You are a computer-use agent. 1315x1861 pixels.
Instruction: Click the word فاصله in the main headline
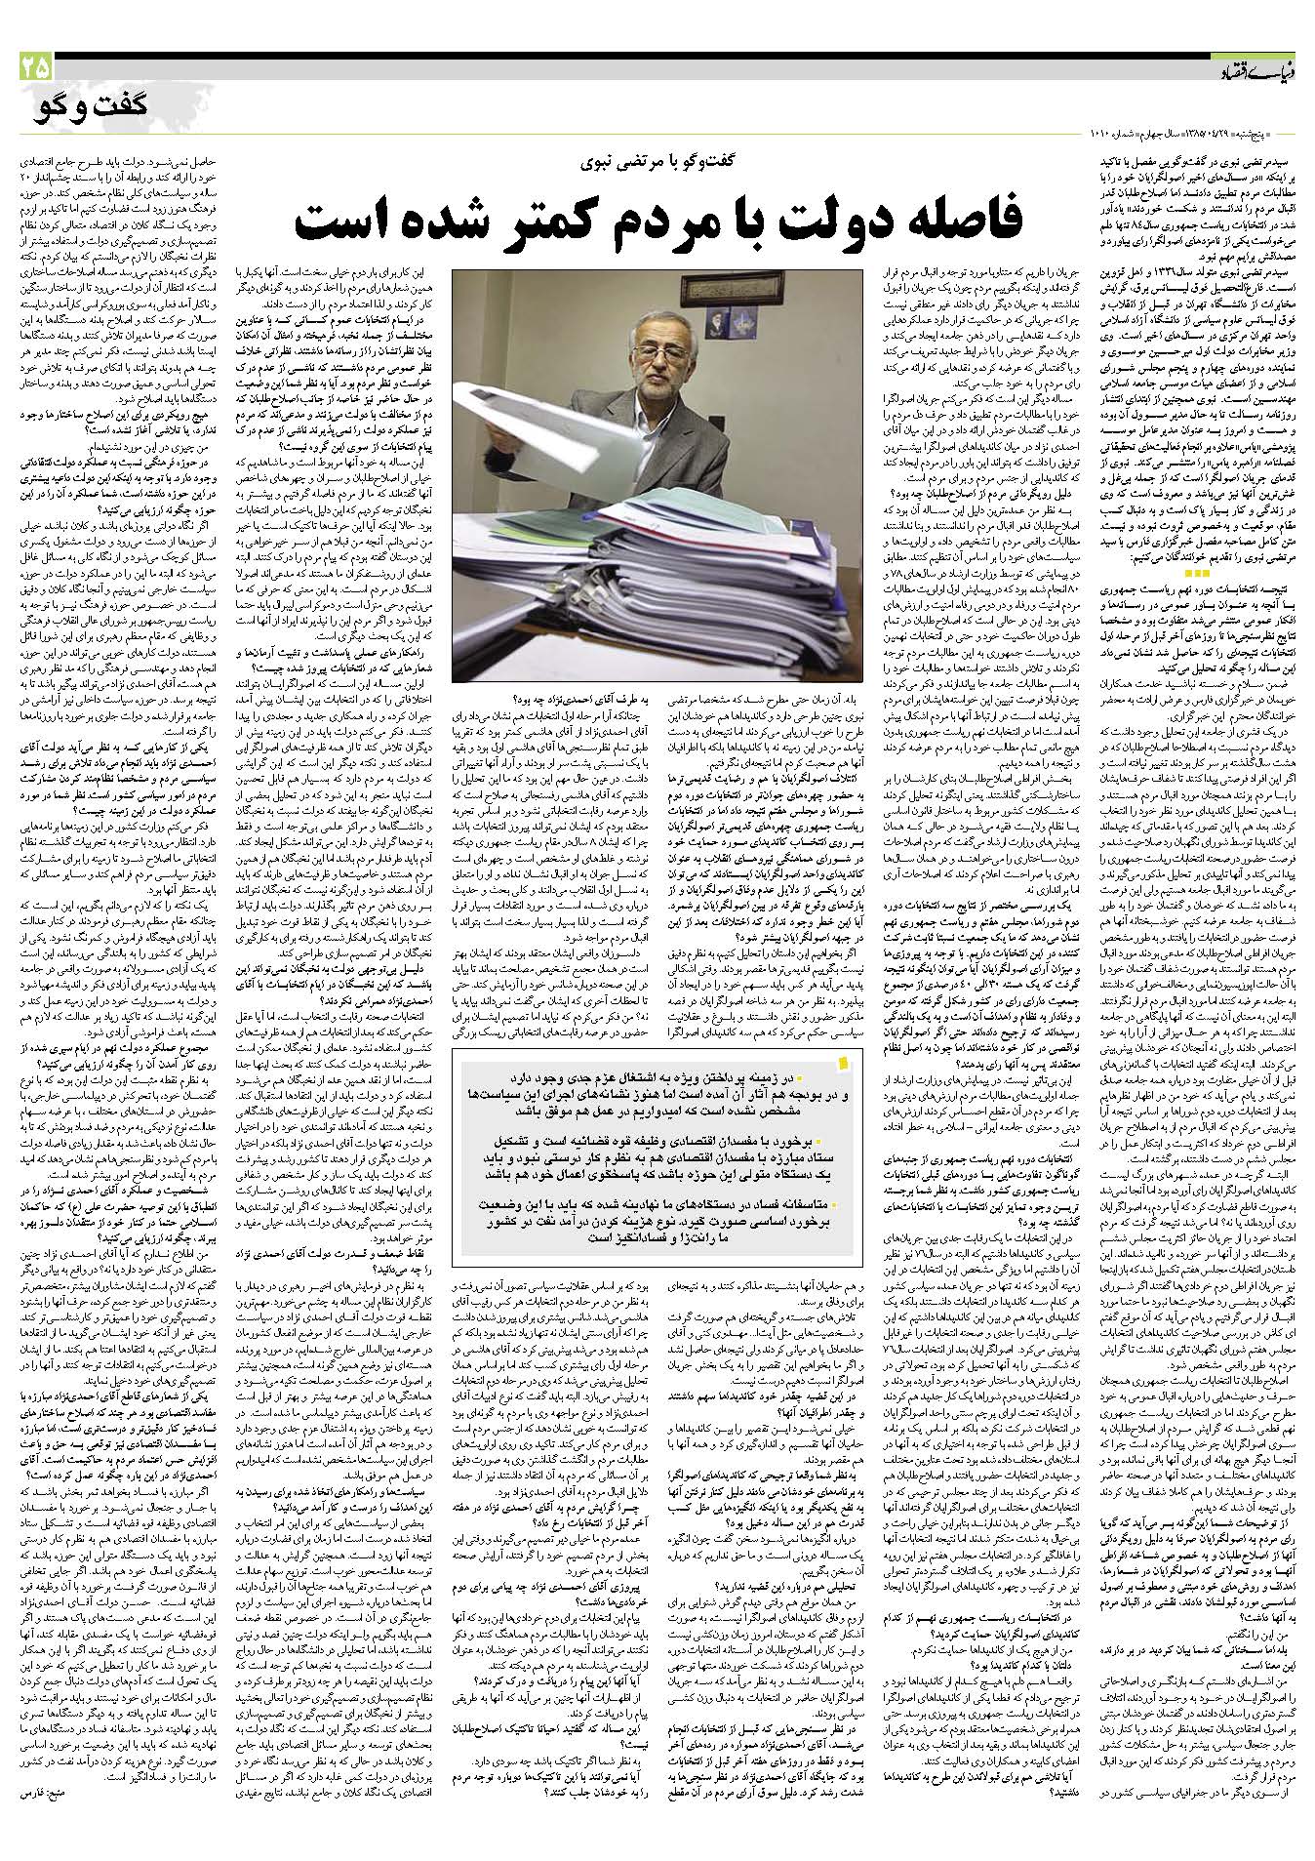click(931, 216)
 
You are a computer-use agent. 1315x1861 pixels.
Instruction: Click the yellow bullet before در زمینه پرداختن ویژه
click(798, 1080)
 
